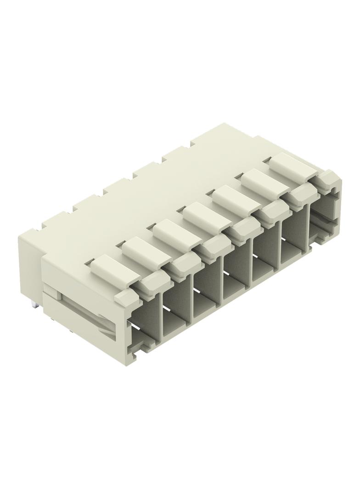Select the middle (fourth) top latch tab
(x=206, y=215)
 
